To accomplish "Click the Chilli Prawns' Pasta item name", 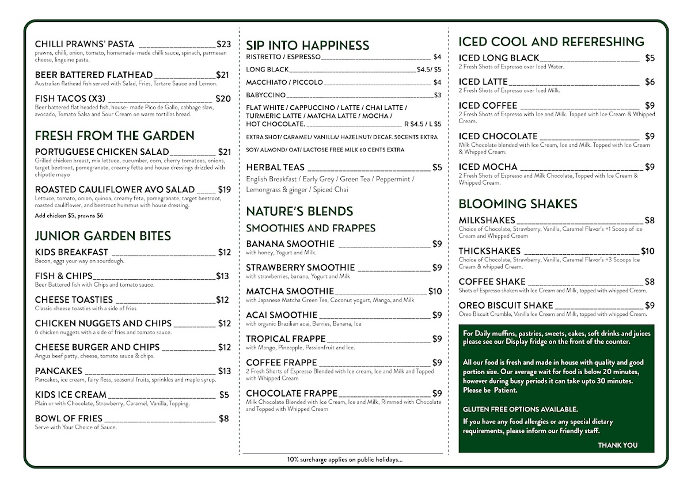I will [x=85, y=44].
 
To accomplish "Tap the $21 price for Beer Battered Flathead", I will [x=222, y=75].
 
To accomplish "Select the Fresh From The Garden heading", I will [x=115, y=136].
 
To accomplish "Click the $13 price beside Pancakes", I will [x=224, y=371].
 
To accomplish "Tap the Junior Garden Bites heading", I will [x=103, y=236].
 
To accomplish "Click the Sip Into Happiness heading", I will [x=307, y=45].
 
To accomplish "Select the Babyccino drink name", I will [x=265, y=95].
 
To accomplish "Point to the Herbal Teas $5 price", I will [x=437, y=167].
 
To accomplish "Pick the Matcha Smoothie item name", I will [x=290, y=292].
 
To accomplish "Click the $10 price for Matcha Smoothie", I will [x=435, y=292].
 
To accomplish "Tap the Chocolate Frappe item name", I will [x=291, y=394].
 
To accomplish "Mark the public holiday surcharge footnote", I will [x=344, y=460].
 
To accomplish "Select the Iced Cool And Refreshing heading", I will [x=551, y=42].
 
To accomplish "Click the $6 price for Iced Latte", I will [x=650, y=82].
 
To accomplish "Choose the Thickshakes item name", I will [x=489, y=251].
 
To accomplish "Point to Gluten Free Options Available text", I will [x=520, y=409].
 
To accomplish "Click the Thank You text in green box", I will [x=617, y=445].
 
